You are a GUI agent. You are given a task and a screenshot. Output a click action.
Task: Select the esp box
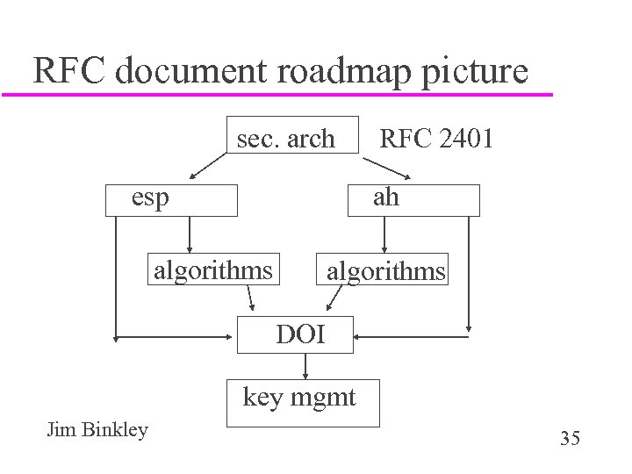(171, 199)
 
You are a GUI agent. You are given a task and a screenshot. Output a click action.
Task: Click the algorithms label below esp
(212, 269)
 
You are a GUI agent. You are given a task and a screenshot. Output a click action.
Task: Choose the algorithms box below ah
(385, 270)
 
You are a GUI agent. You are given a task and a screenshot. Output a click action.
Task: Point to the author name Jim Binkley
(97, 430)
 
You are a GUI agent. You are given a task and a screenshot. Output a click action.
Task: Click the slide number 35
(570, 438)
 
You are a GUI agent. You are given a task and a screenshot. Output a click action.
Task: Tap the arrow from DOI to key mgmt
(305, 365)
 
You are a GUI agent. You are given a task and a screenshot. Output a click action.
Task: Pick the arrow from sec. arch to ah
(377, 167)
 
